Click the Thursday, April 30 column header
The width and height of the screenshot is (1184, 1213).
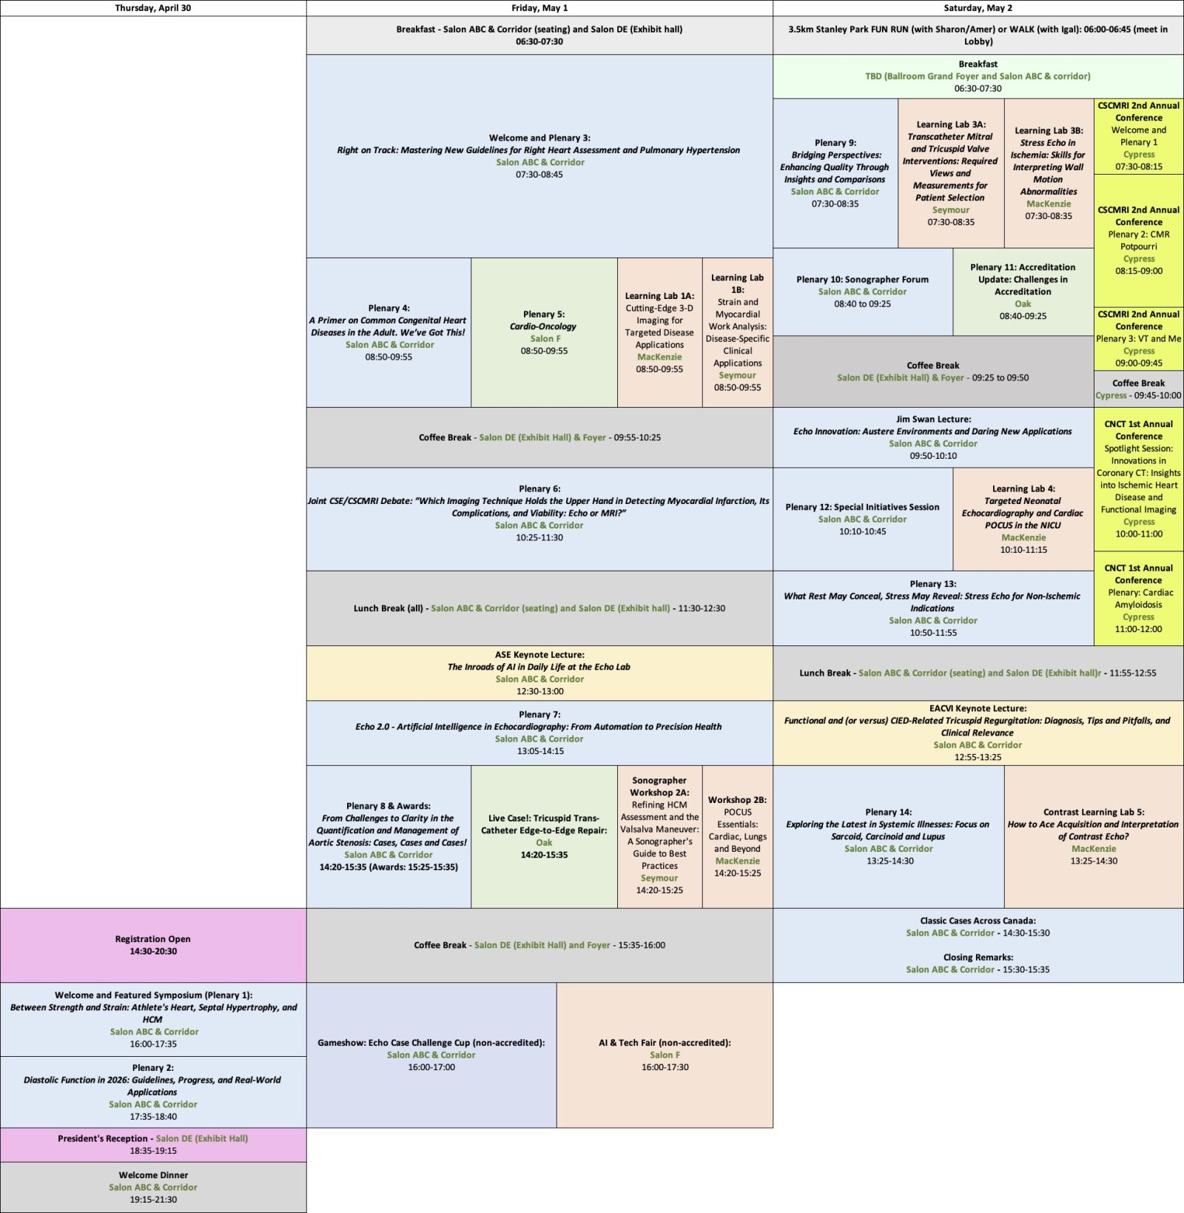[x=152, y=8]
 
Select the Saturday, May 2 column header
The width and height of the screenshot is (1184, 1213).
[x=978, y=8]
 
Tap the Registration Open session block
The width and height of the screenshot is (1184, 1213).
[x=152, y=945]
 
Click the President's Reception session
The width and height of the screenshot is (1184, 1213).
[x=152, y=1144]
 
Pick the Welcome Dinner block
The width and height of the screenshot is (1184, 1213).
[x=152, y=1186]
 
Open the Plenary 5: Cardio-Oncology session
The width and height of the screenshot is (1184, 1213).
[x=544, y=332]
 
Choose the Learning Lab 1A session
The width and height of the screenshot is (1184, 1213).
[x=659, y=332]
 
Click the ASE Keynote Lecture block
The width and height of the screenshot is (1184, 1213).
[x=539, y=673]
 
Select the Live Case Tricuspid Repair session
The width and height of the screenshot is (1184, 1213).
[x=544, y=836]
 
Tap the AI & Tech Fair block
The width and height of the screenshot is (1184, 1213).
[x=665, y=1055]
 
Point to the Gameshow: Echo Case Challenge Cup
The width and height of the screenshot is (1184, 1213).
[x=431, y=1055]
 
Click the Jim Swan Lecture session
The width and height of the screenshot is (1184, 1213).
[x=932, y=437]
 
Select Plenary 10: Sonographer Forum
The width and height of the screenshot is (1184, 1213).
[x=862, y=292]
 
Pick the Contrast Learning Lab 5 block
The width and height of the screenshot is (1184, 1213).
[x=1093, y=836]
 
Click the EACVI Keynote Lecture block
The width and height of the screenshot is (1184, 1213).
[x=977, y=733]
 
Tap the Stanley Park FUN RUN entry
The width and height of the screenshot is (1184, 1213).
[x=978, y=35]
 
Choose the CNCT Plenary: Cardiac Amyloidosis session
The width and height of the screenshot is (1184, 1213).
[x=1138, y=598]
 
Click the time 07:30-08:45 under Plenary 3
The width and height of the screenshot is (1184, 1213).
[x=539, y=175]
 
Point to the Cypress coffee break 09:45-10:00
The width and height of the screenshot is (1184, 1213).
[x=1138, y=389]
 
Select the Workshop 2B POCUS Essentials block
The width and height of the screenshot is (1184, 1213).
[x=737, y=836]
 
